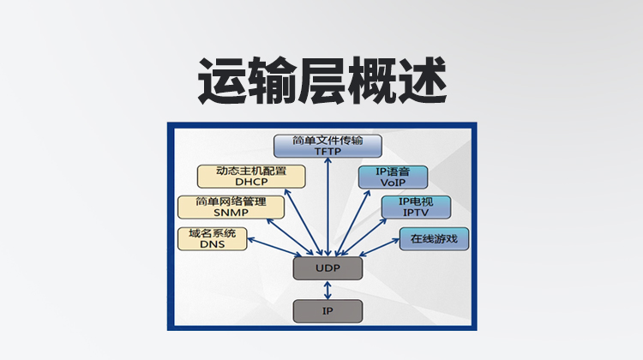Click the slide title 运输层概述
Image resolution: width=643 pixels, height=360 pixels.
(321, 82)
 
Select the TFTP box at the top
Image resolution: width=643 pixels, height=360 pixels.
(328, 145)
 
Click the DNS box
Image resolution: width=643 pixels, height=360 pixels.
(212, 238)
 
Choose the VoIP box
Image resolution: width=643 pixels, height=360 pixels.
(393, 176)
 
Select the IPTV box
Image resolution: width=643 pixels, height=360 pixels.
(416, 207)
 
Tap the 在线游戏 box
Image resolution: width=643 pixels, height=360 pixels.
(434, 238)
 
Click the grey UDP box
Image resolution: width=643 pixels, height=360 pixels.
(328, 268)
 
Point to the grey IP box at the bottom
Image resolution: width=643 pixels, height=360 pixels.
(328, 310)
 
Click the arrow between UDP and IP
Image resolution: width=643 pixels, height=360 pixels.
(328, 290)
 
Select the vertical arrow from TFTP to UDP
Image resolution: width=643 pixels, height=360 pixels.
(328, 206)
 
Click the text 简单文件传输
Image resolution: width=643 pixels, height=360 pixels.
(328, 140)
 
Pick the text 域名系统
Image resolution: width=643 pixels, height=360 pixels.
(212, 233)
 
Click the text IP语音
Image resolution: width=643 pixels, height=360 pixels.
(393, 171)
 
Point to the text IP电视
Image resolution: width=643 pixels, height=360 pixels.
(416, 201)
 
